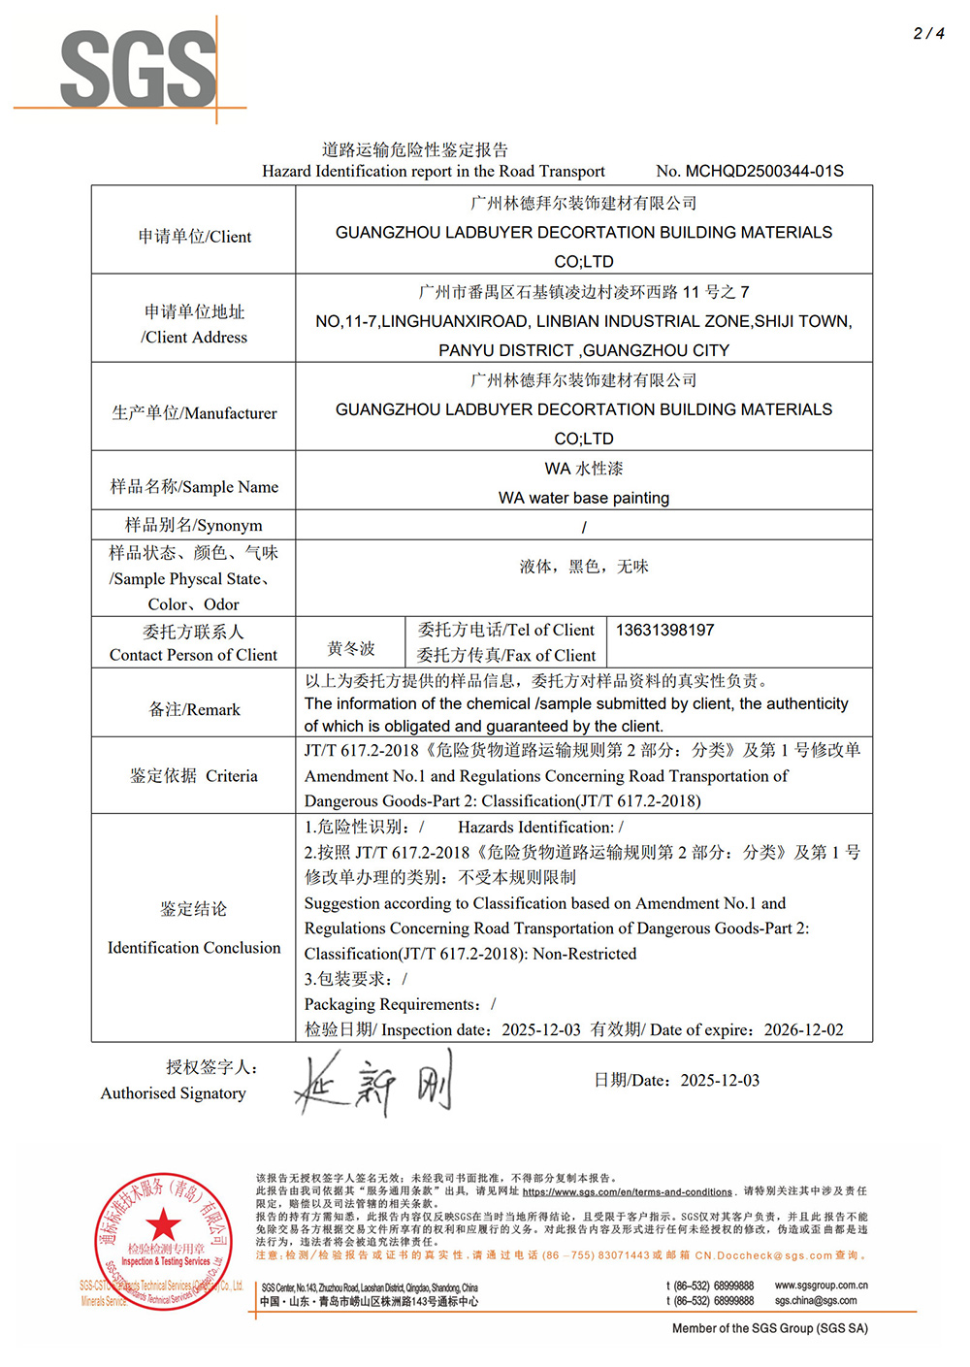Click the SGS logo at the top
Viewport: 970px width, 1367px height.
point(138,68)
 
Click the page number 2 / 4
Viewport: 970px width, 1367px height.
point(928,33)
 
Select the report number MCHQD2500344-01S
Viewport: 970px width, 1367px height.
point(764,171)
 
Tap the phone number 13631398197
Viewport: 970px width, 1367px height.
point(664,630)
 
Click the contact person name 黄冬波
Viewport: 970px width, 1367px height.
point(351,648)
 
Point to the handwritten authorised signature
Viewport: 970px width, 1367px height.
point(373,1084)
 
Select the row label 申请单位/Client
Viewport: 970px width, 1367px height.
point(194,237)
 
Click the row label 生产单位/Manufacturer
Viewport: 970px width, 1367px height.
point(194,413)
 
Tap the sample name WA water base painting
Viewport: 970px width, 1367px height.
point(584,498)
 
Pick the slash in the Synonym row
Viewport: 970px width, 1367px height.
point(584,527)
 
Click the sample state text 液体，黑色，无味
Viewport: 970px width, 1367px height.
point(584,567)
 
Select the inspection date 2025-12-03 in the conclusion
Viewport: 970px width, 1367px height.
point(540,1029)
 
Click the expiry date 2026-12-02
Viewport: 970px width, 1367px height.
point(803,1029)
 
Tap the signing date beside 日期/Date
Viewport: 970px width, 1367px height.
point(720,1081)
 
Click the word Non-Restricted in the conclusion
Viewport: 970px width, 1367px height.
point(585,954)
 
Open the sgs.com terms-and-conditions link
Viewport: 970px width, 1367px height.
point(627,1191)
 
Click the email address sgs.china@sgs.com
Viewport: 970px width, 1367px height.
point(816,1301)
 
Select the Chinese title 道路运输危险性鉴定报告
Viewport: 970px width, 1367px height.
point(415,149)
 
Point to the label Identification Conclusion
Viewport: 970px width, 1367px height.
point(194,948)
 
